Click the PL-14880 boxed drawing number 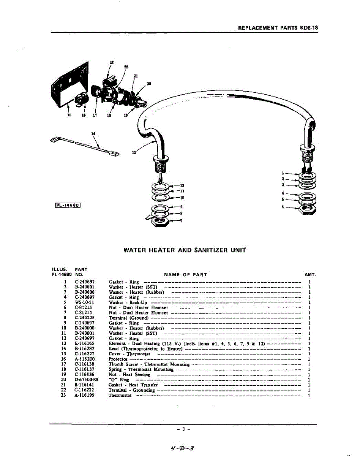click(x=69, y=206)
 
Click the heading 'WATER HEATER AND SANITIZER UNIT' click(x=185, y=250)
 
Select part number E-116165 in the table click(x=85, y=344)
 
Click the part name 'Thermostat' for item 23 click(x=120, y=395)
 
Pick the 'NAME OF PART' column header click(x=185, y=274)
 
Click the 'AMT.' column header click(x=310, y=274)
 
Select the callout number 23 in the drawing click(x=111, y=62)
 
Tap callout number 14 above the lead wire click(x=93, y=133)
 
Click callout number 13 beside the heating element click(x=134, y=152)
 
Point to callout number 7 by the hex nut click(x=181, y=221)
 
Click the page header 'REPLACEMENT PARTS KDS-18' click(x=278, y=28)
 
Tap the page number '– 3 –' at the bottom click(x=183, y=429)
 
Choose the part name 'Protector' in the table click(x=117, y=359)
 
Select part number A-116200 click(x=85, y=359)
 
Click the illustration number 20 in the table click(x=64, y=380)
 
